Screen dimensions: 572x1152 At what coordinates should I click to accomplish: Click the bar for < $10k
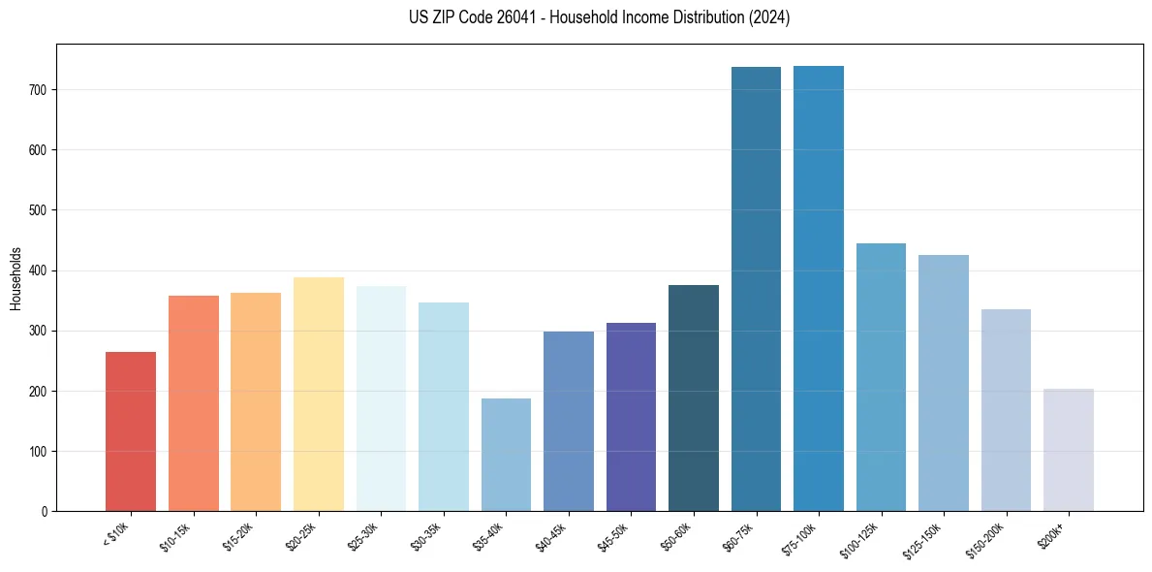pos(131,431)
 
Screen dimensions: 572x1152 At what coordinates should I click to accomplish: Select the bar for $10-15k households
pos(193,403)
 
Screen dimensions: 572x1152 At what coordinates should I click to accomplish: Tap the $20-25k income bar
pos(318,395)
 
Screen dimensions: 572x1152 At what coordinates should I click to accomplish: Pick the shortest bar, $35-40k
pos(506,455)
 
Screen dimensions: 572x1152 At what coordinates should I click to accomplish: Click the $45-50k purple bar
pos(631,417)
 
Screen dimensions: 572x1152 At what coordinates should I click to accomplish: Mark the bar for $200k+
pos(1068,450)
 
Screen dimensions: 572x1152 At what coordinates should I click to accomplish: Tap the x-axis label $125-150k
pos(924,538)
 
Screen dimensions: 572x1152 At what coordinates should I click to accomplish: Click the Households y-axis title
pos(16,278)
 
